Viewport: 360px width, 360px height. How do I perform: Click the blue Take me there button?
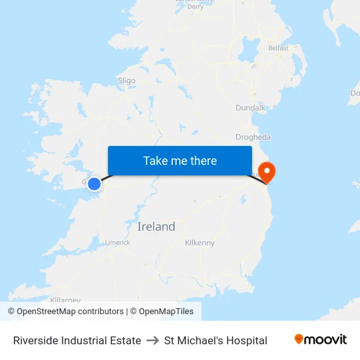click(x=180, y=161)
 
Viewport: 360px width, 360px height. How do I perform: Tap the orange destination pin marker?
click(x=267, y=172)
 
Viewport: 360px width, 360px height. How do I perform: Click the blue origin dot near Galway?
click(x=94, y=184)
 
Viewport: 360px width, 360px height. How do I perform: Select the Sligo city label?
click(x=126, y=81)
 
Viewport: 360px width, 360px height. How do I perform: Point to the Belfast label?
click(x=278, y=48)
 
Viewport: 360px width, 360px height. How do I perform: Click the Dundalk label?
click(x=250, y=107)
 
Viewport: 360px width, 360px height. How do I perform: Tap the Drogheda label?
click(x=253, y=137)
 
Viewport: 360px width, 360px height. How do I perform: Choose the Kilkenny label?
click(x=200, y=243)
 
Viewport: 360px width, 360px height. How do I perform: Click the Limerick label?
click(x=118, y=242)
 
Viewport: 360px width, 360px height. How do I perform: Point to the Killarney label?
click(x=65, y=300)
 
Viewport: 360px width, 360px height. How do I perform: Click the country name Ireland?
click(x=156, y=226)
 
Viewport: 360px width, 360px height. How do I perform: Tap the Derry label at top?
click(x=195, y=7)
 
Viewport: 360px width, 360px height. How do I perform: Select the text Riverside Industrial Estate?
click(x=77, y=340)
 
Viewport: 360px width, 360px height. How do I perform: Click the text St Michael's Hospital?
click(x=215, y=340)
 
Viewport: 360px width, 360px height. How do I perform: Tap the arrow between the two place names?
click(x=153, y=340)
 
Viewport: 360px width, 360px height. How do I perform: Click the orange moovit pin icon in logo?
click(x=299, y=339)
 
